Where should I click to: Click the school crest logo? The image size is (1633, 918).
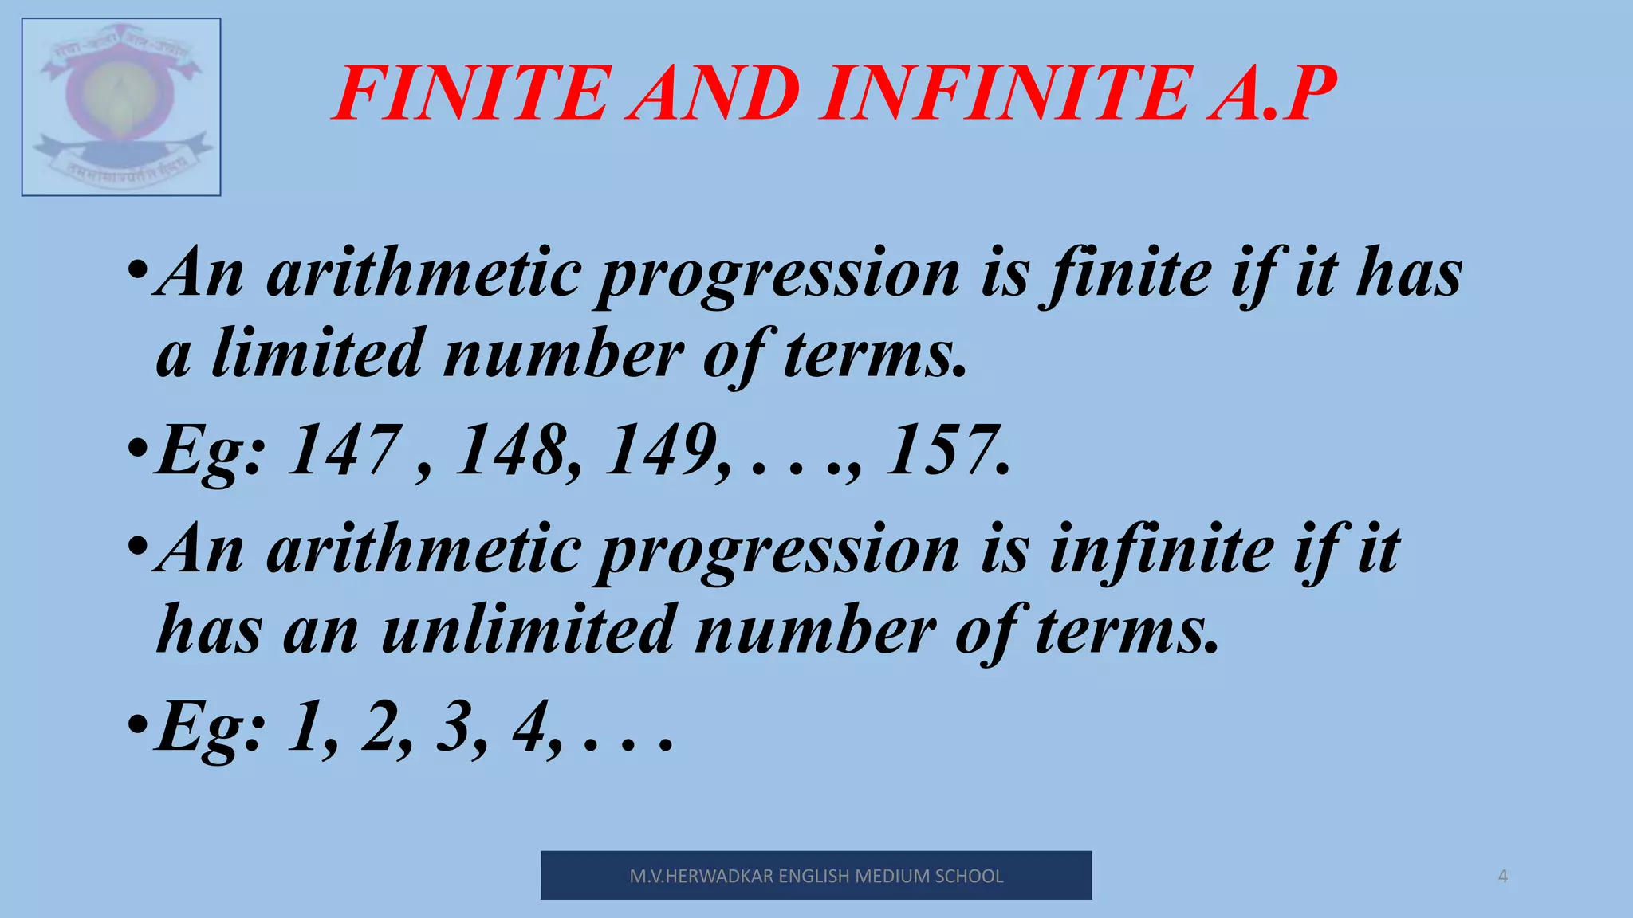pos(121,107)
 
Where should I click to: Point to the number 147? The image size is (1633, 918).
pos(343,450)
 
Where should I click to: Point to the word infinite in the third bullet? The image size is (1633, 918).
pos(1161,550)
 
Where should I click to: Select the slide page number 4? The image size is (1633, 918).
pos(1503,877)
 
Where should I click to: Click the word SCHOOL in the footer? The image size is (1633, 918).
pos(969,877)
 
